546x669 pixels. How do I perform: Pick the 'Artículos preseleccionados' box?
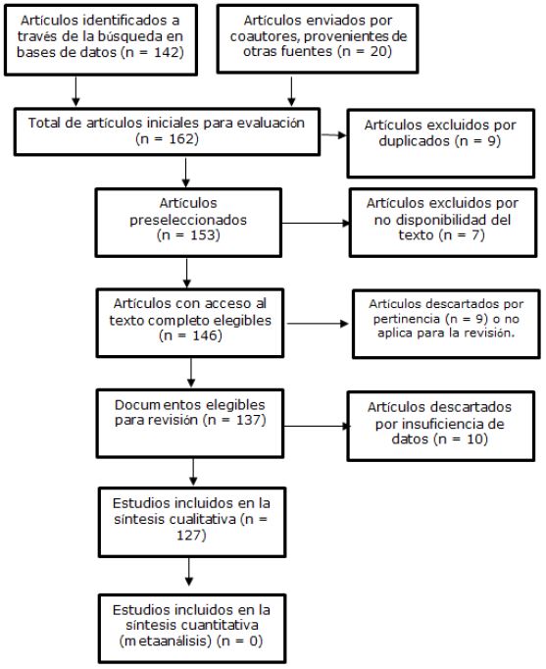click(186, 222)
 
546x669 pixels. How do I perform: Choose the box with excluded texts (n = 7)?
click(430, 220)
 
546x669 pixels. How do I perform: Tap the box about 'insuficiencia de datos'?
click(431, 424)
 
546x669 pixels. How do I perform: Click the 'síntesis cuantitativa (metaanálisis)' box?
click(186, 627)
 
